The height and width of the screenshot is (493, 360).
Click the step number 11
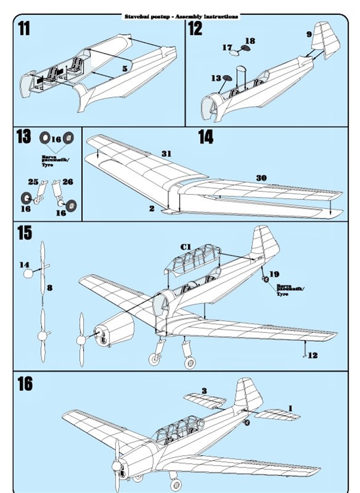pyautogui.click(x=24, y=28)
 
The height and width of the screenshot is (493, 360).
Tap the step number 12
pyautogui.click(x=195, y=28)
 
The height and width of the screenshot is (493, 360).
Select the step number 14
pyautogui.click(x=205, y=136)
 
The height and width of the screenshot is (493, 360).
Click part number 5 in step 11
pyautogui.click(x=124, y=68)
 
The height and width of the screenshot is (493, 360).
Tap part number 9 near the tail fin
pyautogui.click(x=309, y=34)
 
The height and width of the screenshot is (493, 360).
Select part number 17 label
pyautogui.click(x=227, y=47)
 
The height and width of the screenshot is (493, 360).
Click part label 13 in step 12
pyautogui.click(x=216, y=78)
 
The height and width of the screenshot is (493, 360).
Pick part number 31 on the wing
pyautogui.click(x=166, y=154)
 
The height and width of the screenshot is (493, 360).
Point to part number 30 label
pyautogui.click(x=261, y=178)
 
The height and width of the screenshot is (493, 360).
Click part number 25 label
pyautogui.click(x=33, y=182)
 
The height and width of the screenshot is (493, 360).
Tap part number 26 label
pyautogui.click(x=67, y=182)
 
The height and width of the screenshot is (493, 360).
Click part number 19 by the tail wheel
pyautogui.click(x=274, y=274)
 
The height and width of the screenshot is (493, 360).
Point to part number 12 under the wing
pyautogui.click(x=313, y=355)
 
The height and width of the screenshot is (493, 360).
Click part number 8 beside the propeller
pyautogui.click(x=50, y=288)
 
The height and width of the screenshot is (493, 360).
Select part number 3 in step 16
pyautogui.click(x=203, y=391)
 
